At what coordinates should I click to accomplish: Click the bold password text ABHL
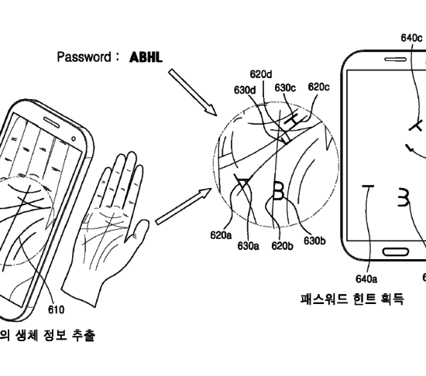pos(146,57)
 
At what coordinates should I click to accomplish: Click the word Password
pos(84,57)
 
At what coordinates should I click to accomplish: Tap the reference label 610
pos(57,309)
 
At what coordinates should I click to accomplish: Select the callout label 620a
pos(222,235)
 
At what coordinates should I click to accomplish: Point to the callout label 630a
pos(248,246)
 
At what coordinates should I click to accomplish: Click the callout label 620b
pos(282,246)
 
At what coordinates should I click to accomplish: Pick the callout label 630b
pos(314,241)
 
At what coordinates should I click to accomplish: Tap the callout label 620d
pos(261,74)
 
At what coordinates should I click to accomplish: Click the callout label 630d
pos(245,90)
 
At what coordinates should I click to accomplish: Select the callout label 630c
pos(285,87)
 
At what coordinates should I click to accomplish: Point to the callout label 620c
pos(318,87)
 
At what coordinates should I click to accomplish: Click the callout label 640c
pos(411,38)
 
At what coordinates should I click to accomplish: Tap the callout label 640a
pos(366,279)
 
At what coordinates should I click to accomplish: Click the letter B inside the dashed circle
pos(278,191)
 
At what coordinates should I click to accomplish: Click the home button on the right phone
pos(396,252)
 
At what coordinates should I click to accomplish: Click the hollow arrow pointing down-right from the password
pos(192,92)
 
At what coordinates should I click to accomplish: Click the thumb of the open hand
pos(137,231)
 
